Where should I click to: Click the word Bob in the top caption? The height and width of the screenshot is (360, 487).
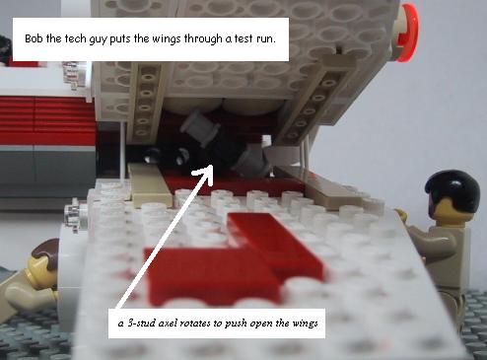pos(35,38)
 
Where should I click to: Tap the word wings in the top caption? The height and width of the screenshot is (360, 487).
pos(166,39)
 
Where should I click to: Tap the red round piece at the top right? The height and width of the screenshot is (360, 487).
pos(407,33)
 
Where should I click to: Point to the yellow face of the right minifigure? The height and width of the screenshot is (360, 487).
pos(442,208)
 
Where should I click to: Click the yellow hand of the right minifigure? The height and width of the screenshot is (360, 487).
pos(401,214)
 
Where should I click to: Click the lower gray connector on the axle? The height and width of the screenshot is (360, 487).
pos(252,160)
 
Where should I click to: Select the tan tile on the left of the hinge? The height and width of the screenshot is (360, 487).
pos(150,184)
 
